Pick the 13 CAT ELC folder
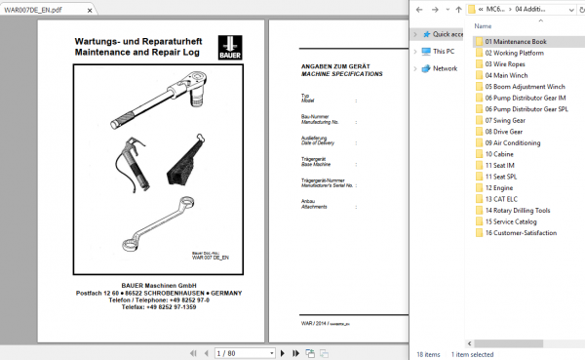[503, 198]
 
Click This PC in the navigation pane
[444, 51]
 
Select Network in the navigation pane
[445, 68]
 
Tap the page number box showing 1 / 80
[224, 351]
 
